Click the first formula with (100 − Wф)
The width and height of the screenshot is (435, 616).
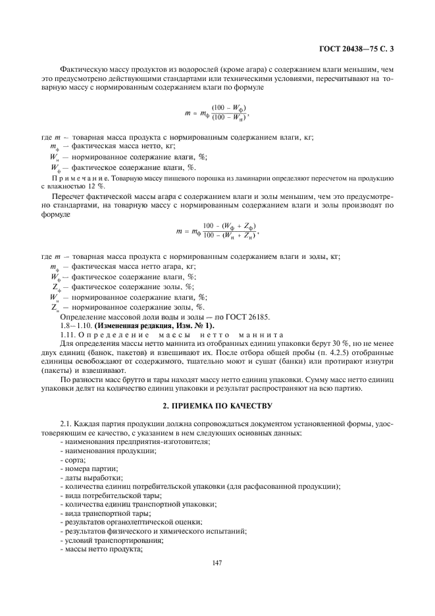[217, 113]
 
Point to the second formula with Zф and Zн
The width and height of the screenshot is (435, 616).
[217, 231]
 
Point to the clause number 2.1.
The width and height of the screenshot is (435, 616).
[66, 422]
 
